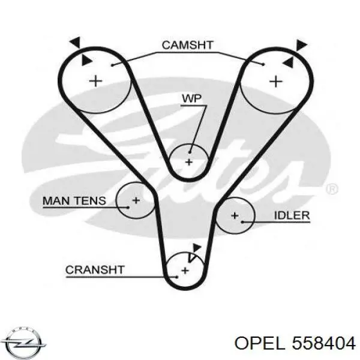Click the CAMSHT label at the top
click(188, 45)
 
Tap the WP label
click(192, 98)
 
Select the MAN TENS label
click(74, 201)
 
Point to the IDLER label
click(292, 215)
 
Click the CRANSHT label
click(95, 270)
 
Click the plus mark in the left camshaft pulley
click(95, 81)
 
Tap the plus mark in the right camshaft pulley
click(276, 82)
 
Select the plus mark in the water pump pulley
click(189, 163)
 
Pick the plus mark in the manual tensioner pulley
click(136, 200)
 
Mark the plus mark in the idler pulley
click(235, 215)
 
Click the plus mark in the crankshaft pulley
click(185, 271)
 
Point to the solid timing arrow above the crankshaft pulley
click(197, 248)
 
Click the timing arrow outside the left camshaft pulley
click(76, 42)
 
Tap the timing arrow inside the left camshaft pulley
click(86, 60)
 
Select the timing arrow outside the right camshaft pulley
click(301, 45)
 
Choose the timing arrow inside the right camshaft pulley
click(289, 62)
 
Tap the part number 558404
click(324, 344)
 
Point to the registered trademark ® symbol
click(332, 189)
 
